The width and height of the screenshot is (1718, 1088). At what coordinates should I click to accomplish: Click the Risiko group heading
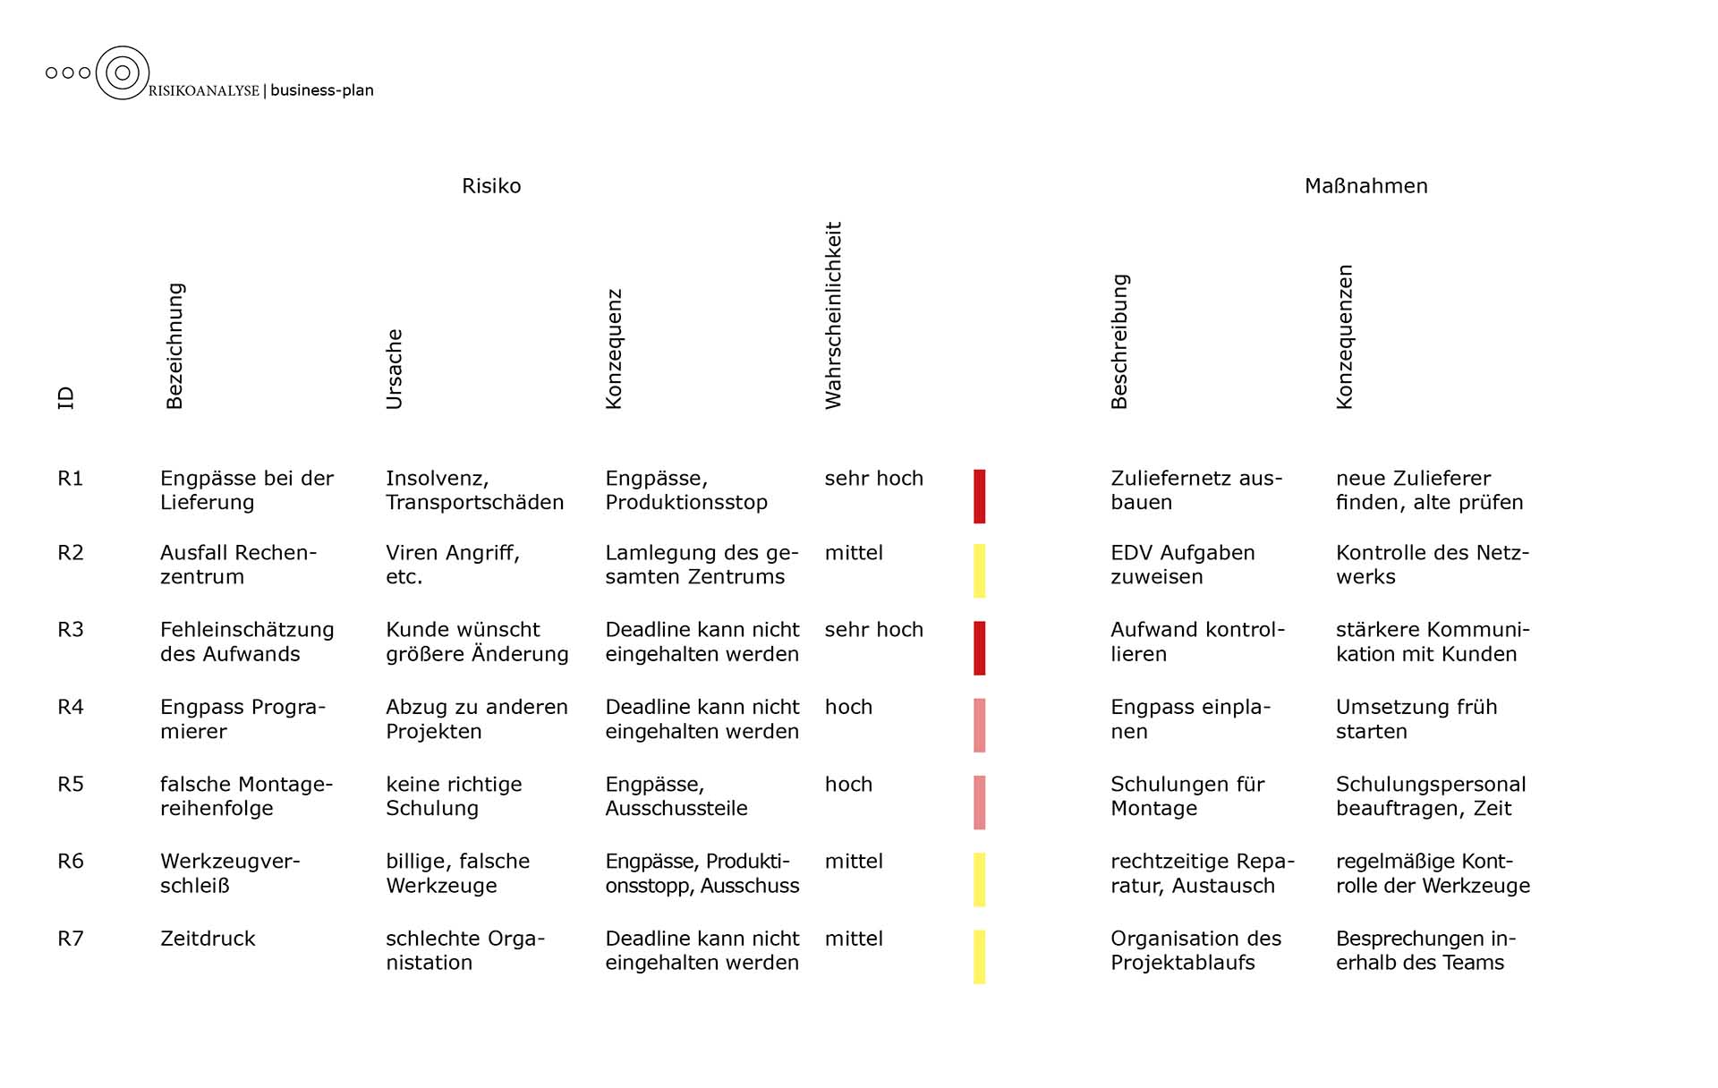tap(491, 186)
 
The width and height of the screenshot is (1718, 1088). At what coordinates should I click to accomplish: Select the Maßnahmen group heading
tap(1365, 186)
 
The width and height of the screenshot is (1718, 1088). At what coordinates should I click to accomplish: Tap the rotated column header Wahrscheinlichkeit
tap(834, 316)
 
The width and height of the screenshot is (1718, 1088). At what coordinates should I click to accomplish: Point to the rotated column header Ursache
tap(395, 370)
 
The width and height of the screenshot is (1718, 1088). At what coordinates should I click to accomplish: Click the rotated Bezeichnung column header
tap(174, 346)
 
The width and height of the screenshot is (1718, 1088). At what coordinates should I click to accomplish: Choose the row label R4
tap(71, 707)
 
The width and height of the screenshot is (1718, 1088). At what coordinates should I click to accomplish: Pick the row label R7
tap(71, 939)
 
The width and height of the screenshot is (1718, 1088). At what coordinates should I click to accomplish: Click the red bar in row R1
tap(980, 496)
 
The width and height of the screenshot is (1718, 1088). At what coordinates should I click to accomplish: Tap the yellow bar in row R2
tap(980, 571)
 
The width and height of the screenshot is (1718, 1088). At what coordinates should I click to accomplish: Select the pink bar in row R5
tap(980, 803)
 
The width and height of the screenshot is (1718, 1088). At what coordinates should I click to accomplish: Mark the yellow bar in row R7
tap(980, 956)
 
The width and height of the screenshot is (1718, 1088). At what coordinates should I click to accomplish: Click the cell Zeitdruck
tap(208, 939)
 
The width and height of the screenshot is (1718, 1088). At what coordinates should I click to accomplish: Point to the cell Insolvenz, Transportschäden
tap(474, 490)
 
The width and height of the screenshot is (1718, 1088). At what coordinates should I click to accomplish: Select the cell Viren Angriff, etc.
tap(452, 565)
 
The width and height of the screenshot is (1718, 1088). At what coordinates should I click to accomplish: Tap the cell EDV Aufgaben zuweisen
tap(1182, 565)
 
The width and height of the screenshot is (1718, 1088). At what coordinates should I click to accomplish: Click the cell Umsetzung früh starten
tap(1416, 719)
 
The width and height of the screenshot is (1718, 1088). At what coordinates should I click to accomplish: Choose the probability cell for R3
tap(873, 630)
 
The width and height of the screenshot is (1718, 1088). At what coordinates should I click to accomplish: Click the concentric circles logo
tap(123, 72)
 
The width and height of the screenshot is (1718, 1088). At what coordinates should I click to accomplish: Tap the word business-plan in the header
tap(322, 90)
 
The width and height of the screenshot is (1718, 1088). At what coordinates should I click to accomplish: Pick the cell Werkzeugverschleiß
tap(229, 873)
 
